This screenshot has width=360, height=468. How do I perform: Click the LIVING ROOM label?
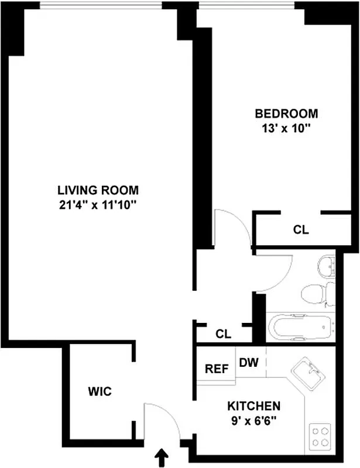(x=98, y=190)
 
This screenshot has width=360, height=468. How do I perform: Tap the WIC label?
(x=100, y=391)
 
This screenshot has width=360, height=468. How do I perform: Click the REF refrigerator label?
(x=215, y=369)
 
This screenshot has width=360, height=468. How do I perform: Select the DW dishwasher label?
(x=249, y=363)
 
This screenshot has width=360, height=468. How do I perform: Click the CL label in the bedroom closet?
(x=301, y=230)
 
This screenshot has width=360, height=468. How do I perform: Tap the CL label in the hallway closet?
(x=223, y=334)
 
